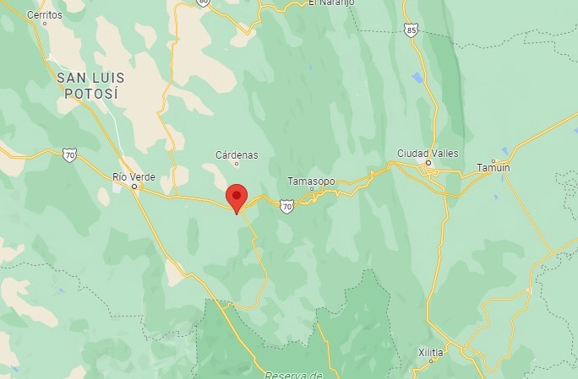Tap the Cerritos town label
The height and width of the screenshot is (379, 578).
click(44, 15)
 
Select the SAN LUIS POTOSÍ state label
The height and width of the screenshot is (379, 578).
click(87, 85)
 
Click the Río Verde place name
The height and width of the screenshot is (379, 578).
click(134, 176)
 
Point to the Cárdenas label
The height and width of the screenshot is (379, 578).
click(237, 155)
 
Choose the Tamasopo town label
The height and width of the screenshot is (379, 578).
click(311, 181)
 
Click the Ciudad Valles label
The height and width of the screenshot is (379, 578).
click(428, 153)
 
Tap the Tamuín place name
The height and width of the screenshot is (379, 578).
click(493, 167)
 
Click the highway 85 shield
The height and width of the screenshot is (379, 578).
click(411, 30)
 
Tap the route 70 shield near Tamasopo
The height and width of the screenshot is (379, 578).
click(287, 206)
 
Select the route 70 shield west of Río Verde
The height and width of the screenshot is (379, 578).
click(68, 154)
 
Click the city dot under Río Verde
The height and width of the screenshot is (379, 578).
click(134, 186)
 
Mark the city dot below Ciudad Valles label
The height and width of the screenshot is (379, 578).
click(428, 162)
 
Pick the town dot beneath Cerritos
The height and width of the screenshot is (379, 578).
click(46, 24)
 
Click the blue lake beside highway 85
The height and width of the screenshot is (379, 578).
click(417, 79)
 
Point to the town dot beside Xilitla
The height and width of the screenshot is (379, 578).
click(431, 360)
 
